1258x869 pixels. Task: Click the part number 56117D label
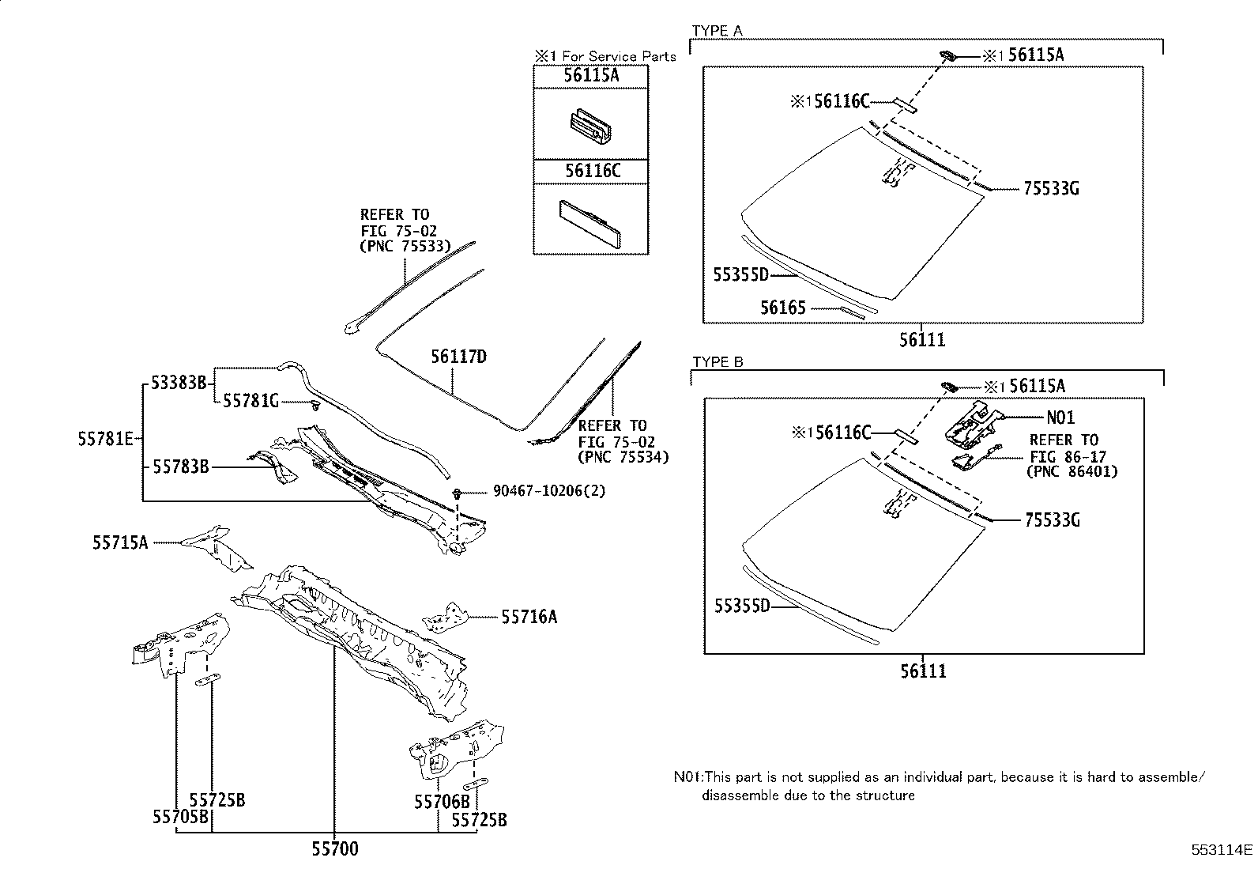point(458,357)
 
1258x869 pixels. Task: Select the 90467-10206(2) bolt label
point(537,491)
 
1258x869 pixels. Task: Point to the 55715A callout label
point(120,542)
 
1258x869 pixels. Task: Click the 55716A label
point(529,617)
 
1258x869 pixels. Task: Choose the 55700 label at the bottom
point(334,849)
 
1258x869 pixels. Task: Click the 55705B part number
point(180,818)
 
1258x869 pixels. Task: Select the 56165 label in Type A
point(783,308)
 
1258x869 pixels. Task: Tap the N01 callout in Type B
point(1060,417)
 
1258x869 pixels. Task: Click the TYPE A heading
point(717,31)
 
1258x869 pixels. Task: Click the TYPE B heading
point(718,362)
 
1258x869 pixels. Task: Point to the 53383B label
point(179,383)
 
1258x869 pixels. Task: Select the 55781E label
point(106,438)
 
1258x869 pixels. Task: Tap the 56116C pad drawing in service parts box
point(593,223)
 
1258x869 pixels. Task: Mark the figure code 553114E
point(1222,851)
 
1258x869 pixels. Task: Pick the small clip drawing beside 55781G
point(315,406)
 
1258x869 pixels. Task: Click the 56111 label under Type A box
point(922,340)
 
